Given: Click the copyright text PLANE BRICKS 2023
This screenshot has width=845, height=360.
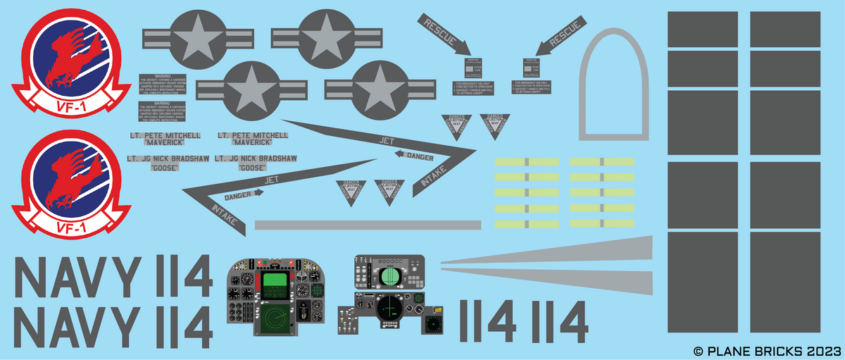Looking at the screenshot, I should [x=768, y=350].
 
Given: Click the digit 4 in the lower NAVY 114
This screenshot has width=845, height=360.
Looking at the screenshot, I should [x=195, y=328].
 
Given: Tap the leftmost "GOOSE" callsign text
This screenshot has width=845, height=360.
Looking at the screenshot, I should [x=164, y=168].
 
